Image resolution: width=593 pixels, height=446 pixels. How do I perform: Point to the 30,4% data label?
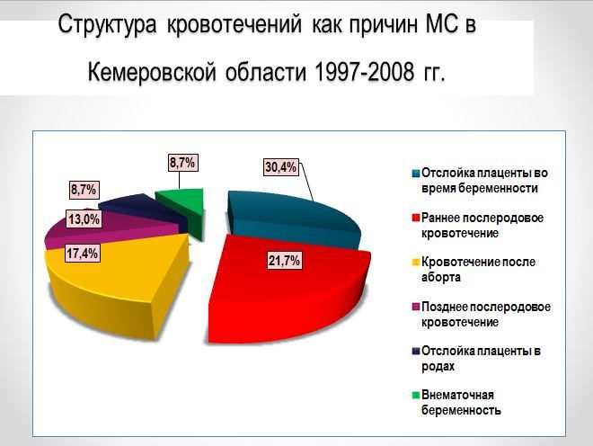pos(280,166)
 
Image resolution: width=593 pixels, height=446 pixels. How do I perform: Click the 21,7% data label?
pos(285,261)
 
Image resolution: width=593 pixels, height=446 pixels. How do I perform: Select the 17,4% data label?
pos(83,253)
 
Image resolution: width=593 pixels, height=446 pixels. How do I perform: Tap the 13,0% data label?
pos(84,219)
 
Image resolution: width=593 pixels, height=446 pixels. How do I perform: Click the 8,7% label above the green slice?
pos(182,163)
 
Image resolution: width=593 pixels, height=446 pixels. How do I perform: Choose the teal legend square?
pos(416,174)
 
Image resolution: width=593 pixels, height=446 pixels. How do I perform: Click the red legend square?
pos(416,219)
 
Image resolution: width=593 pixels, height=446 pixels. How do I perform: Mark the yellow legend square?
pos(416,262)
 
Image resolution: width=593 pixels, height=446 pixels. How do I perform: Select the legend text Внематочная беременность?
pos(461,403)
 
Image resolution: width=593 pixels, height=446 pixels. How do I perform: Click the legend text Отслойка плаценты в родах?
pos(481,358)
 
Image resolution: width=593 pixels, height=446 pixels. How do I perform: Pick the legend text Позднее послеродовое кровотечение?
pos(486,314)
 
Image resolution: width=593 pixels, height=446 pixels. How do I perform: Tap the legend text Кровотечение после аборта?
pos(478,270)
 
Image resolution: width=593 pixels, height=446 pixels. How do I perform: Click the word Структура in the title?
pos(107,26)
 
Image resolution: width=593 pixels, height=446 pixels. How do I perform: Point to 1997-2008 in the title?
pos(364,72)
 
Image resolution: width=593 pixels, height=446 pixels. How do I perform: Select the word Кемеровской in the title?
pos(152,72)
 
